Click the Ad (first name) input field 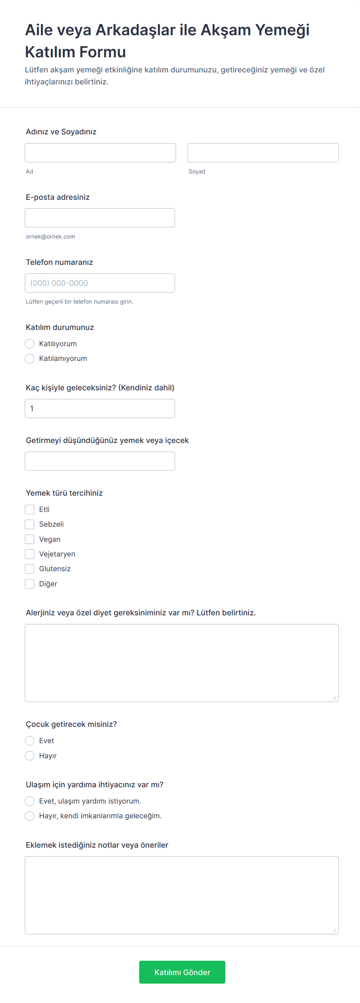click(100, 153)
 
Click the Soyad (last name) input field click(263, 153)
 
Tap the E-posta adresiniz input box click(99, 218)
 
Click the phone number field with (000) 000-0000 click(99, 283)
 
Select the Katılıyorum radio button click(29, 344)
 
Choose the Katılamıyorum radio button click(29, 359)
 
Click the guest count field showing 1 click(99, 409)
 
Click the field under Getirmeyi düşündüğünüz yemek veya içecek click(99, 461)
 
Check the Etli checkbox click(29, 510)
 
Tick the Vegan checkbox click(29, 539)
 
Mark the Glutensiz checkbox click(29, 569)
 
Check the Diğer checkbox click(29, 584)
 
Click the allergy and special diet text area click(182, 663)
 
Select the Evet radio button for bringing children click(29, 740)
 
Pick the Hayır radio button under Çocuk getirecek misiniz click(29, 756)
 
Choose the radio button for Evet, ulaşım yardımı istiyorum click(29, 801)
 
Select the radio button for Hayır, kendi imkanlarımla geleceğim click(29, 816)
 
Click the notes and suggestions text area click(182, 895)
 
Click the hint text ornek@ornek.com click(50, 237)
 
